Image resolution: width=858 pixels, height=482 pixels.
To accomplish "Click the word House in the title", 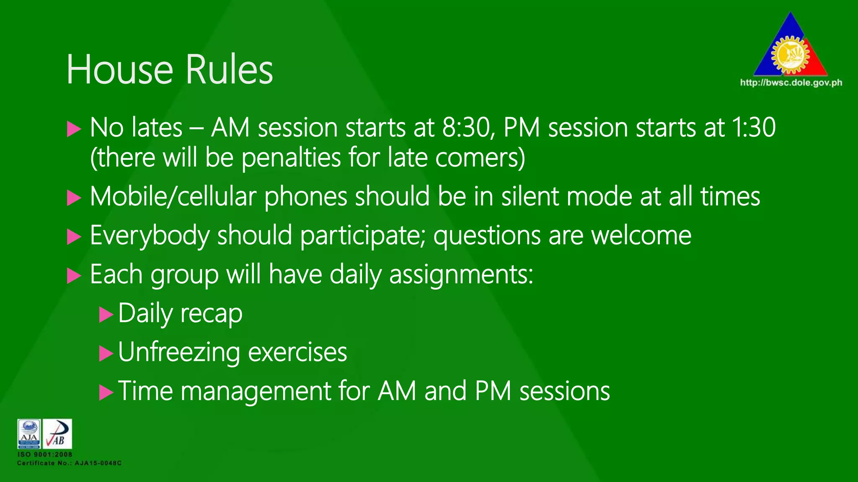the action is (120, 69).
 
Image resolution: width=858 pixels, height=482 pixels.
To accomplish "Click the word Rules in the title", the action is (229, 69).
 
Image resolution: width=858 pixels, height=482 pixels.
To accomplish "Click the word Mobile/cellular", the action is (173, 197).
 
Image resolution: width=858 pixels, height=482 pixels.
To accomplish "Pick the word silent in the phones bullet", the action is (530, 197).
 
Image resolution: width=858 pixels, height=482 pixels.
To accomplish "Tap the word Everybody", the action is (150, 236).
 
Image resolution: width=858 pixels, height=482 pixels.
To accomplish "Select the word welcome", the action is (641, 236).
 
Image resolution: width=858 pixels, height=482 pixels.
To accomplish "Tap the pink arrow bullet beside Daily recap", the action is (106, 314).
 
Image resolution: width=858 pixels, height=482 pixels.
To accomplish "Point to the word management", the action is (256, 392).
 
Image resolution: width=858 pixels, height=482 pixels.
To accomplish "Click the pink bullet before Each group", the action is (74, 276).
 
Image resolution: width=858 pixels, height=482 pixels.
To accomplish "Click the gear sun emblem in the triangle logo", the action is (790, 55).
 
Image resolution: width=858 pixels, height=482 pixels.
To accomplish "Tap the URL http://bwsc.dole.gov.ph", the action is (791, 82).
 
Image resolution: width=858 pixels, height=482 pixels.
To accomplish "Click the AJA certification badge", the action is (29, 434).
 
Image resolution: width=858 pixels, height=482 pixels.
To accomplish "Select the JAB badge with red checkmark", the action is (57, 434).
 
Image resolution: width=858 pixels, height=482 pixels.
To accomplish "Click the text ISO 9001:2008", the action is (44, 454).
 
